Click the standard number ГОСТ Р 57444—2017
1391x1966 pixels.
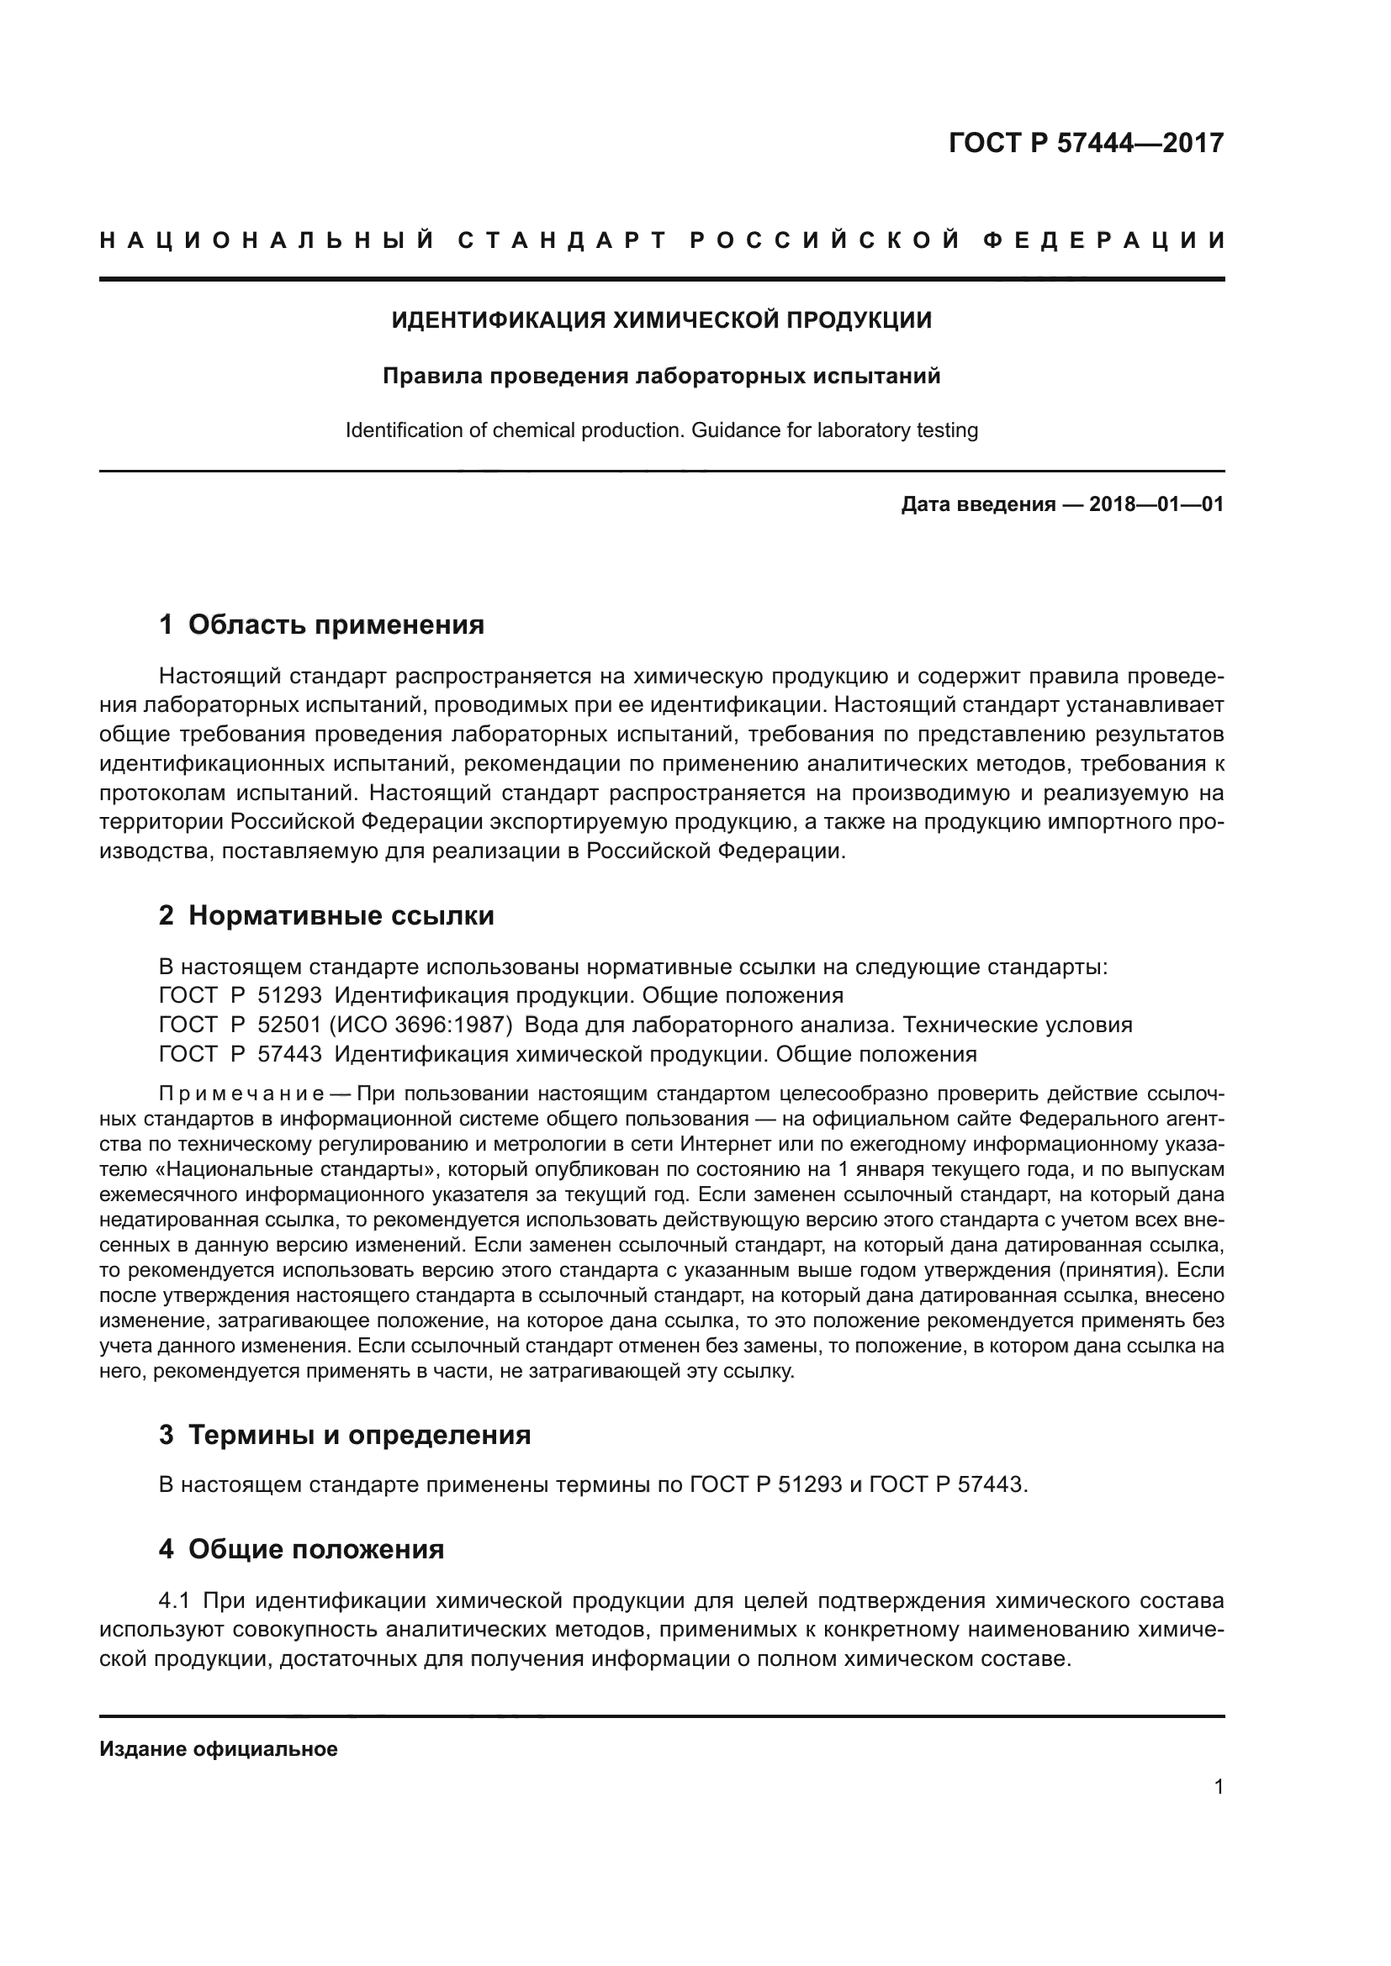(x=1086, y=142)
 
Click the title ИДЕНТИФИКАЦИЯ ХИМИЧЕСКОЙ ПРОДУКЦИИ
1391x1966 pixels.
(x=661, y=320)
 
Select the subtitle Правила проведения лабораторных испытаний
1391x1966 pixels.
(x=661, y=376)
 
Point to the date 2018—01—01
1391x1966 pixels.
(x=1156, y=504)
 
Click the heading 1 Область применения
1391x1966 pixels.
(x=321, y=625)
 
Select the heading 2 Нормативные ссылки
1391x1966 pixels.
(x=326, y=915)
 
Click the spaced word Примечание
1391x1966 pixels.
(x=241, y=1094)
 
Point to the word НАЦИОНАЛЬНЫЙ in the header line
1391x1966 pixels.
(x=267, y=240)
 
